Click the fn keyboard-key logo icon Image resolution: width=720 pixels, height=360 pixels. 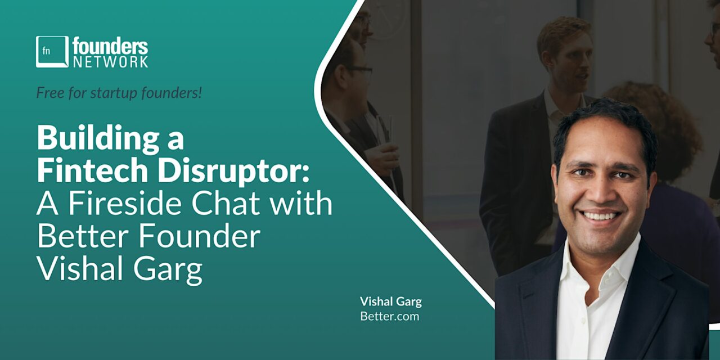click(x=52, y=52)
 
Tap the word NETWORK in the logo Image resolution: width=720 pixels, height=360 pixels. click(x=110, y=61)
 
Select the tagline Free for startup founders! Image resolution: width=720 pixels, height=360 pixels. click(x=119, y=92)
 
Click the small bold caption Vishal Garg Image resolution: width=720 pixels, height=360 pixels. click(x=390, y=301)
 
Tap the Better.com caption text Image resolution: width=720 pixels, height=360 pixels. click(x=389, y=316)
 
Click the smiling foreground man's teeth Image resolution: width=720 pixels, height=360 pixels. click(x=600, y=215)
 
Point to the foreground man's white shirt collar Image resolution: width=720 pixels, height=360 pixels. click(x=574, y=264)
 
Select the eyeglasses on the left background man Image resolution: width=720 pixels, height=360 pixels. click(x=359, y=71)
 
